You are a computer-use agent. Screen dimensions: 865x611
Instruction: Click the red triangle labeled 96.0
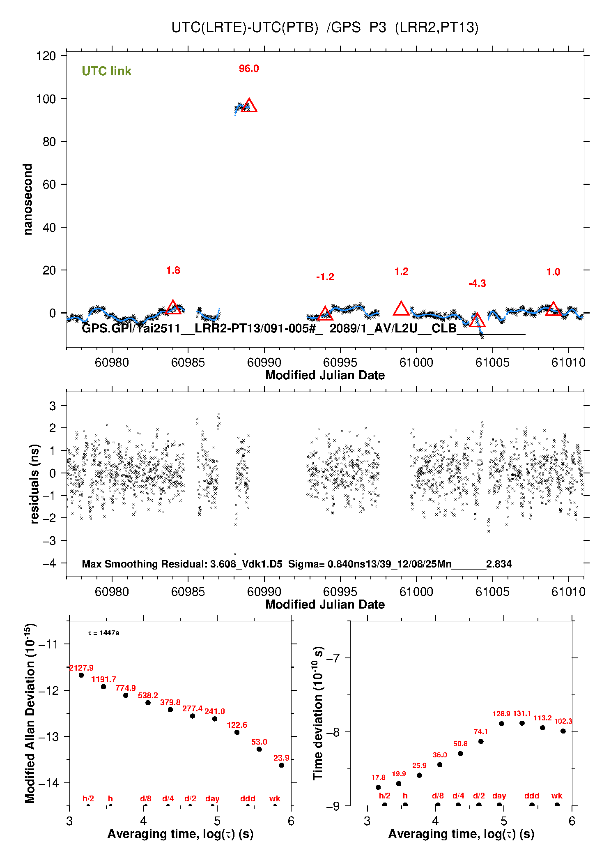click(249, 106)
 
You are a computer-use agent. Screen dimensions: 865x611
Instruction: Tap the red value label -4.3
click(477, 284)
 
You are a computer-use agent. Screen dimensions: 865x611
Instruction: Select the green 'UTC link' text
click(106, 71)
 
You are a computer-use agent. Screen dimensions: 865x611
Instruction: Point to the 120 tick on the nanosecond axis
click(46, 56)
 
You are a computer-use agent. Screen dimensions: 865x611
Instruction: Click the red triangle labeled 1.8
click(173, 308)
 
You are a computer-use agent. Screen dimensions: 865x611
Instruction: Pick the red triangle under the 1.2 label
click(401, 309)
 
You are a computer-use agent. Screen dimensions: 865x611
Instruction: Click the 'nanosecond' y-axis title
click(28, 199)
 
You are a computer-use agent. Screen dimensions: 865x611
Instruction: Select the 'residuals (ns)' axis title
click(35, 484)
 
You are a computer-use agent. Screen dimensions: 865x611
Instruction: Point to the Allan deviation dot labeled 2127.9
click(81, 675)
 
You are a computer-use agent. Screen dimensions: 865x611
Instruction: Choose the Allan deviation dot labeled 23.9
click(281, 765)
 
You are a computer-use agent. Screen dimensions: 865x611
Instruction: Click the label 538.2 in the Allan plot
click(148, 695)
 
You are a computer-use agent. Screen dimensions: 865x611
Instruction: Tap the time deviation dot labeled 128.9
click(501, 724)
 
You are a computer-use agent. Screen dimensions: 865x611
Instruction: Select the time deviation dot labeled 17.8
click(378, 787)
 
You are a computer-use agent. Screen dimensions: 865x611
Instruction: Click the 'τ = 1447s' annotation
click(103, 633)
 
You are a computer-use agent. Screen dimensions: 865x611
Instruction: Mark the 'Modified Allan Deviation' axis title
click(30, 713)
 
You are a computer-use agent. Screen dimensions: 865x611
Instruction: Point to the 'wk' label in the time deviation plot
click(557, 796)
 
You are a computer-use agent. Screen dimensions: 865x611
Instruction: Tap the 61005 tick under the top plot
click(492, 362)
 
